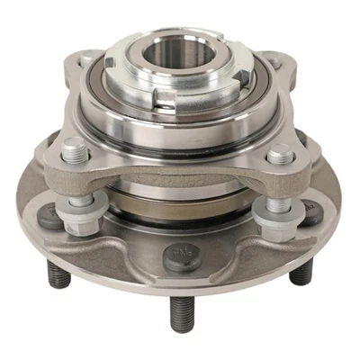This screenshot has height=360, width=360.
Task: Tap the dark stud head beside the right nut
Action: tap(309, 216)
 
